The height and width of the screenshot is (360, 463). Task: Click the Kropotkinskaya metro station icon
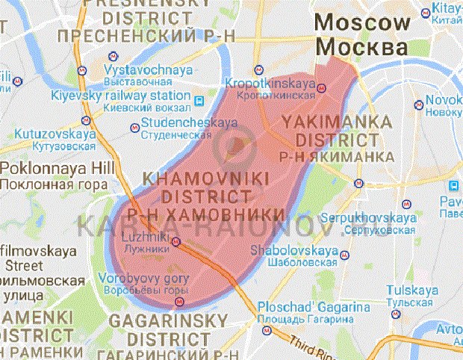coord(322,87)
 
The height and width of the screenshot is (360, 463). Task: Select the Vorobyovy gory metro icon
coord(178,302)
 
